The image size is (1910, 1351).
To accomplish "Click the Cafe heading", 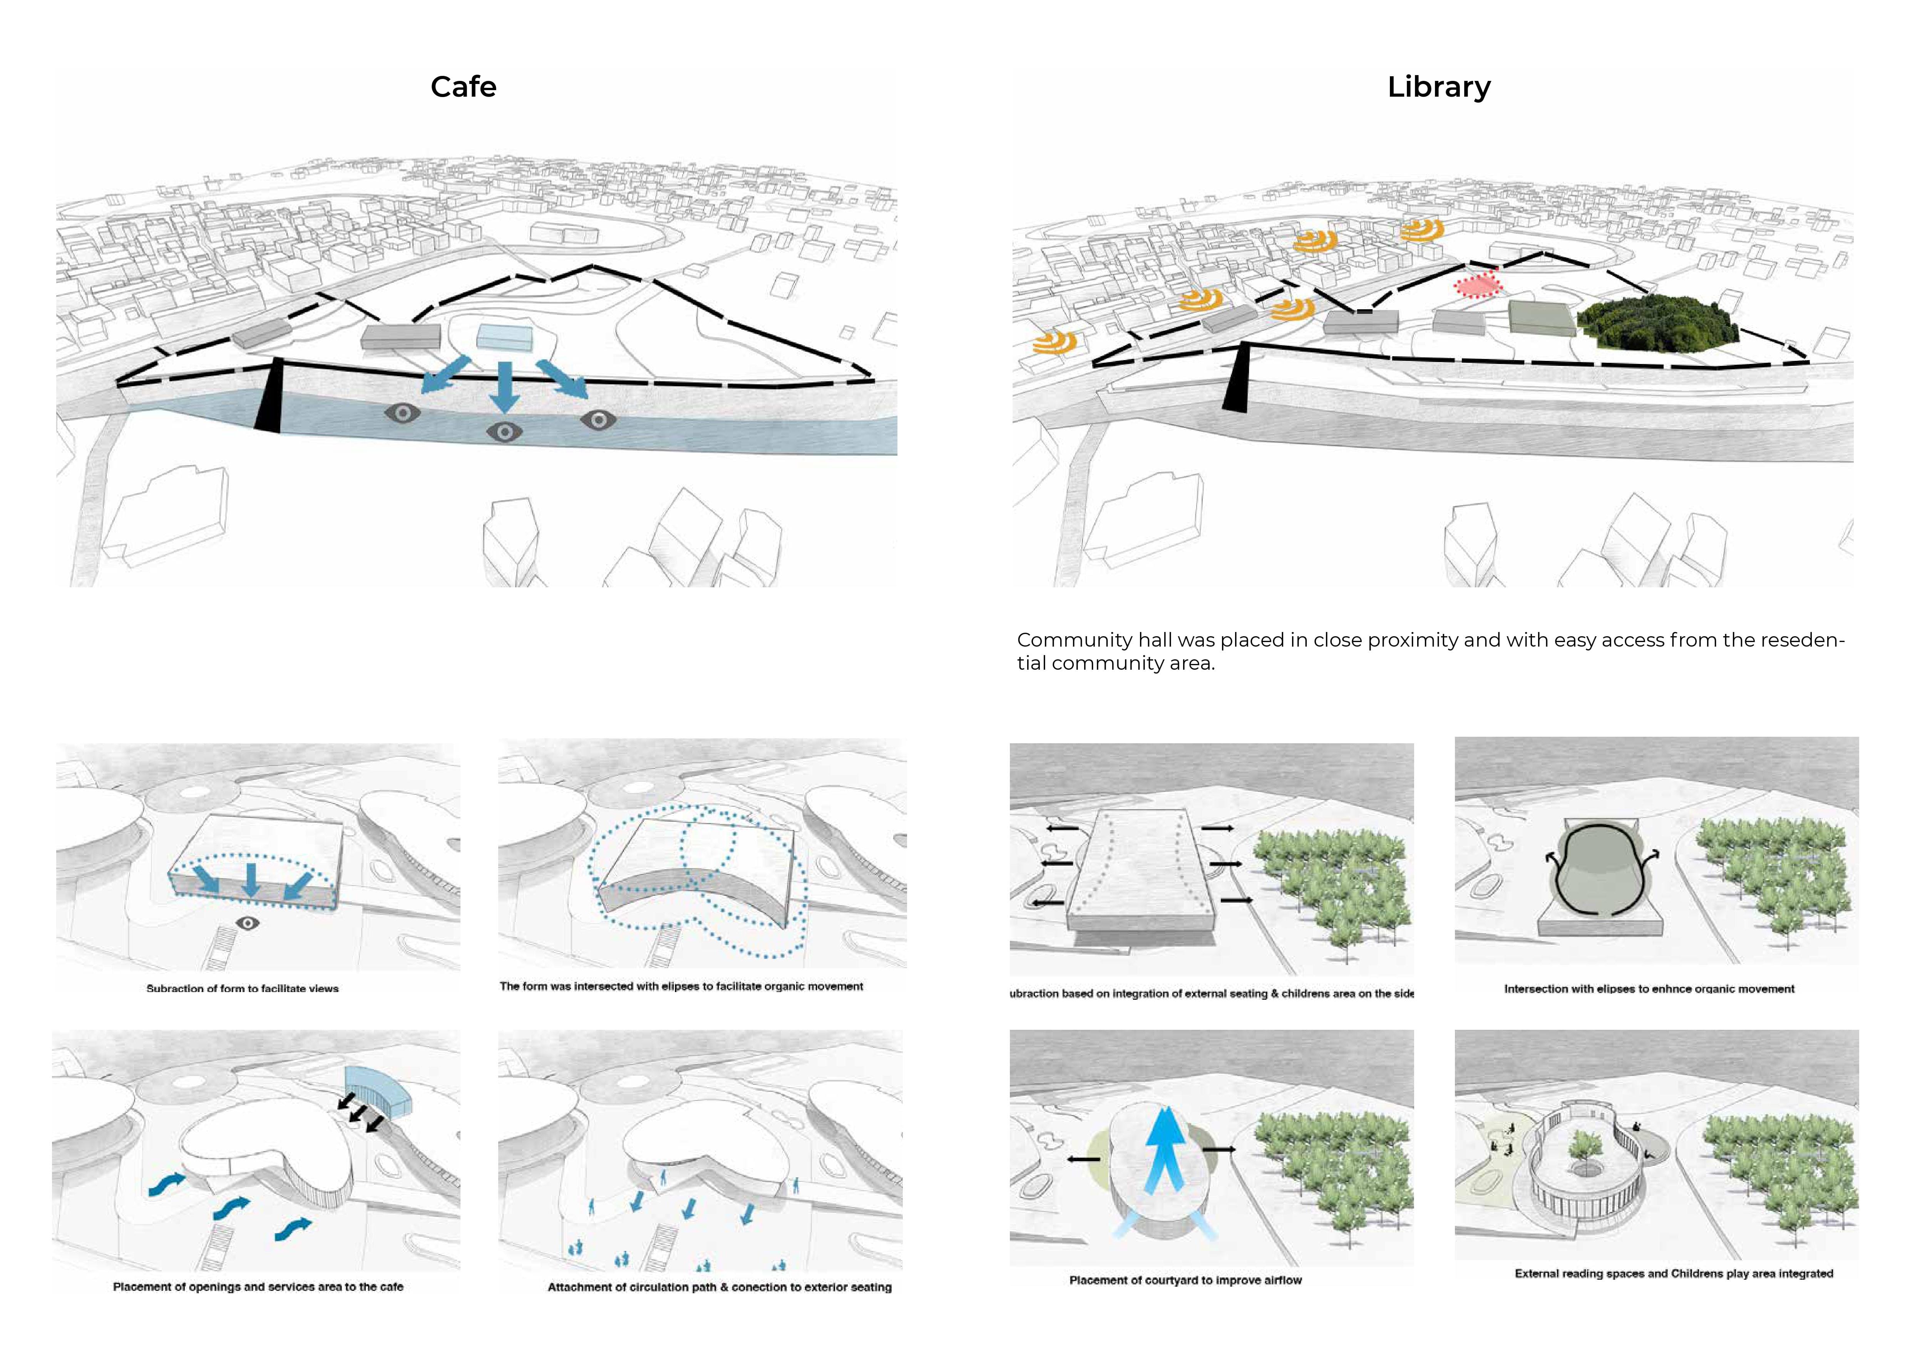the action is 464,87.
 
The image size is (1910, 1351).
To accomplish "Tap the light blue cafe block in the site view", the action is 505,336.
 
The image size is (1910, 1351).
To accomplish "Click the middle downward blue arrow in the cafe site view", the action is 504,387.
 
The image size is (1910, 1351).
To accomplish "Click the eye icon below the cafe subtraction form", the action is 247,923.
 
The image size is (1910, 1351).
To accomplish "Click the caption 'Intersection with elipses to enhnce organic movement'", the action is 1649,989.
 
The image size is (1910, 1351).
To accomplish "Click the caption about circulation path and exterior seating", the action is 720,1287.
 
